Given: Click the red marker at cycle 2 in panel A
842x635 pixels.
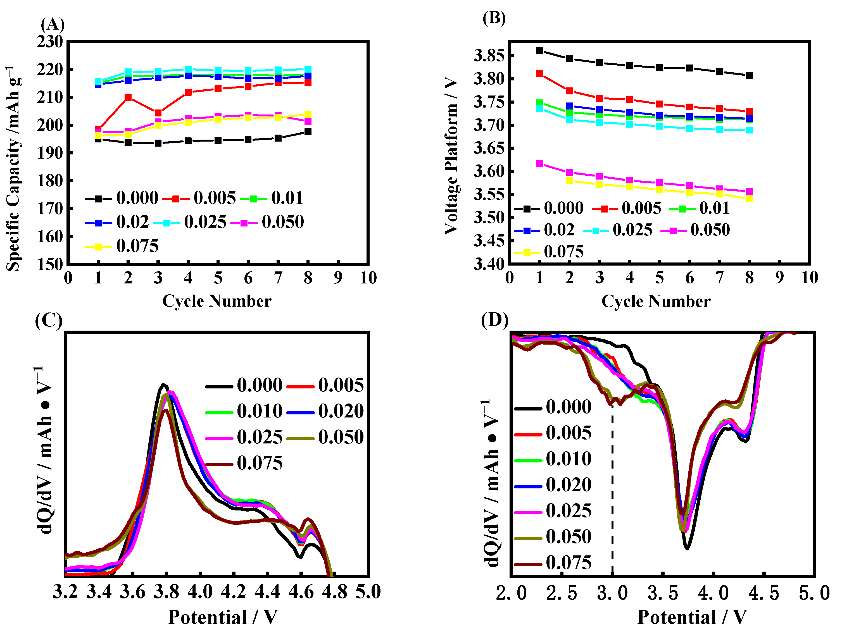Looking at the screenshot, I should point(128,97).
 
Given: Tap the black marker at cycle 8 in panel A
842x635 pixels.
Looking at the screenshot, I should point(308,132).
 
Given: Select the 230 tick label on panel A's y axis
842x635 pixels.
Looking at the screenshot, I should point(50,42).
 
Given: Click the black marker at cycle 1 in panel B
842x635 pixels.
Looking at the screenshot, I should point(539,51).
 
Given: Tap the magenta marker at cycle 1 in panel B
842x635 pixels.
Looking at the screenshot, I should point(539,164).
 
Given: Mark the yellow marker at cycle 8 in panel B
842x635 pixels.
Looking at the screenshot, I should point(749,199).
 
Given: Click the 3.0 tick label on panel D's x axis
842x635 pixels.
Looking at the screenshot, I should point(612,593).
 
